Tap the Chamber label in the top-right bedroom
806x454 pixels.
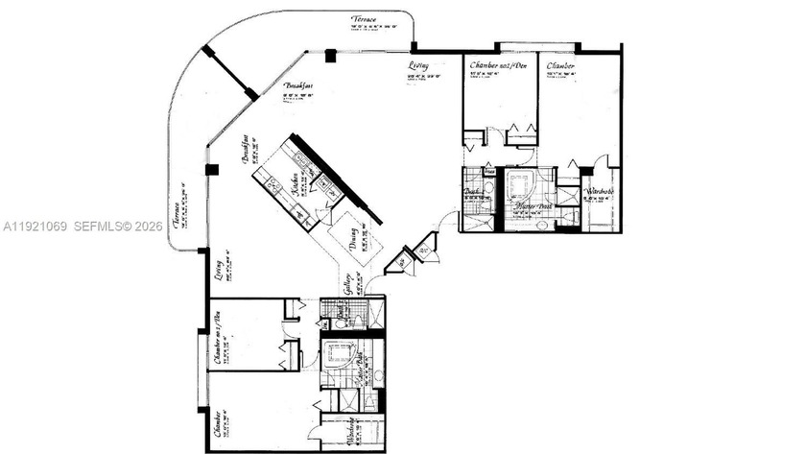click(x=561, y=66)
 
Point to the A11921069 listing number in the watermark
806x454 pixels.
click(x=36, y=227)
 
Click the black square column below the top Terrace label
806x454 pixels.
click(x=330, y=56)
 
